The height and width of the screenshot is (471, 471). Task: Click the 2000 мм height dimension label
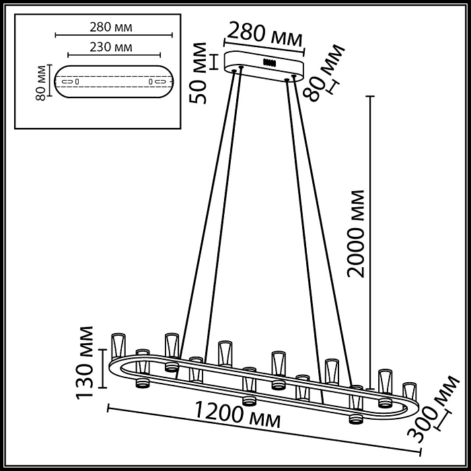356,233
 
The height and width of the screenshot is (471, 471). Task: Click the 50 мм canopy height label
200,73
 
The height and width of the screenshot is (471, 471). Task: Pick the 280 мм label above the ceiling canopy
264,34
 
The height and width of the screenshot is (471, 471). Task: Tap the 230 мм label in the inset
111,47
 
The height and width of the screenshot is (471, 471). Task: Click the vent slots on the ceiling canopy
271,63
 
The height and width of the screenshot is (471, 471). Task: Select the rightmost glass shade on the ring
408,393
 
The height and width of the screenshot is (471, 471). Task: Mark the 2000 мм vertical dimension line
369,202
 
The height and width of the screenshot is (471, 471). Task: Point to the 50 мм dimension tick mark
213,62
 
